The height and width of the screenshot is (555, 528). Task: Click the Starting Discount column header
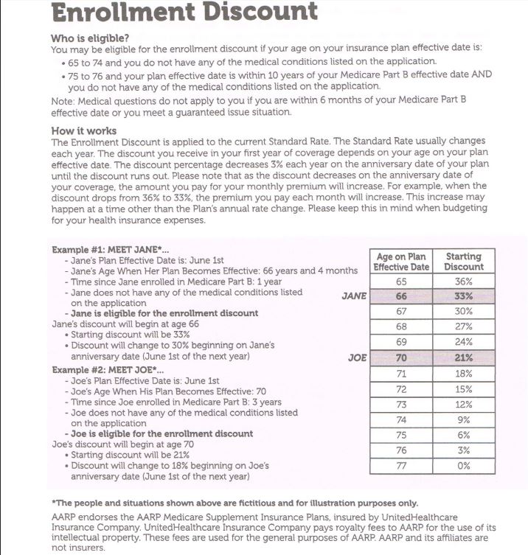click(x=465, y=262)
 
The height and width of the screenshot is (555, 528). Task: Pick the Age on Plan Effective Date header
click(x=401, y=262)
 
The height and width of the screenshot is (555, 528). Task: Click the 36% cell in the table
click(x=465, y=282)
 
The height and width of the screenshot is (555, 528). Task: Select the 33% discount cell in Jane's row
click(x=465, y=296)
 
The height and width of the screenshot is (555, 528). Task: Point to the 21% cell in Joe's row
click(x=465, y=358)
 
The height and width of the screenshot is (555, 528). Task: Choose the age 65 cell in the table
click(x=401, y=282)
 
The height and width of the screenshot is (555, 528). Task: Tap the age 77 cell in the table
click(x=401, y=466)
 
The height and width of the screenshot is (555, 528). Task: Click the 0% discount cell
click(x=465, y=466)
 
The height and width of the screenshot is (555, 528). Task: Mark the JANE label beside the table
click(x=355, y=296)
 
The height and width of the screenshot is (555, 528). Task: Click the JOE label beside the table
click(x=357, y=358)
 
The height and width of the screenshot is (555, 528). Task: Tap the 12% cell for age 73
click(x=465, y=405)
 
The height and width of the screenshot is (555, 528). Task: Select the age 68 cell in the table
click(x=401, y=327)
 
